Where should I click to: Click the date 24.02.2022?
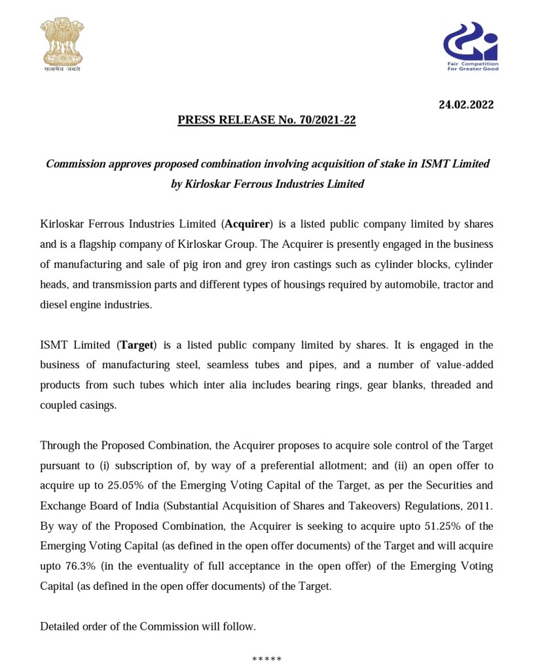465,104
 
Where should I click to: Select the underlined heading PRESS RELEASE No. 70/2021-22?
266,120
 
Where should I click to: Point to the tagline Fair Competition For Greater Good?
472,66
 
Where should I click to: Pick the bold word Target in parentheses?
136,345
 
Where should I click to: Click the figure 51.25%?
443,526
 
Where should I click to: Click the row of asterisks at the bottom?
266,658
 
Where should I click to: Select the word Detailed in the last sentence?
60,626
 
